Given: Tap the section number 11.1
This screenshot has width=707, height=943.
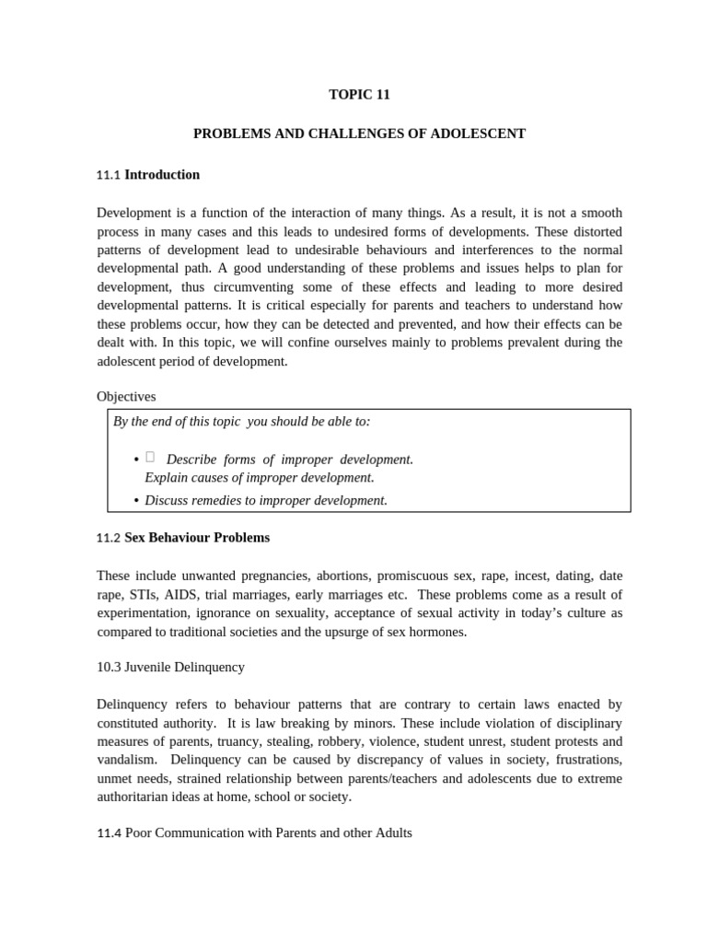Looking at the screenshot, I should [109, 175].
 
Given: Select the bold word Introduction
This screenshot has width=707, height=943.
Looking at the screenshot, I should [162, 175].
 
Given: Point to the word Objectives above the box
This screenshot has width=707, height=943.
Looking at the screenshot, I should [126, 397].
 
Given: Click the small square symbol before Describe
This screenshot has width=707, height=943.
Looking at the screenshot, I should [150, 458].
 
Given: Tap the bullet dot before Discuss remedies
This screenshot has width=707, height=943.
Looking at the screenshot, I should [136, 501].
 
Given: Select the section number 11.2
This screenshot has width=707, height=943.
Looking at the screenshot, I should [109, 538].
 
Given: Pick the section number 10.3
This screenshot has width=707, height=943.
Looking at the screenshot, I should [111, 667].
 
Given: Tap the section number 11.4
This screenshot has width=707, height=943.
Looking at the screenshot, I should [109, 833].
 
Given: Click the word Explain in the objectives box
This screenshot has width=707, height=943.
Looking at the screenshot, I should [166, 478].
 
